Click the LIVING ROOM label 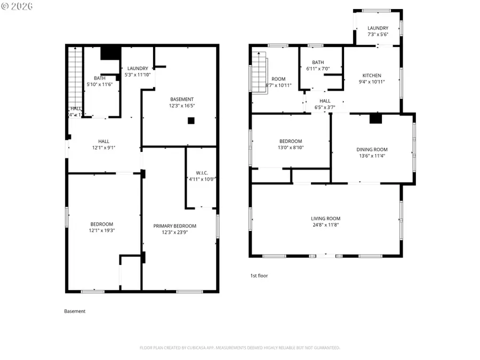tap(325, 218)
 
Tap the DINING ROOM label tap(372, 149)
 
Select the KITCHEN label tap(372, 75)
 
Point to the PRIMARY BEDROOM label tap(174, 226)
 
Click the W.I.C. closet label tap(201, 172)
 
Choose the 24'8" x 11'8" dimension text tap(325, 225)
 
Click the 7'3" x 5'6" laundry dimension tap(378, 35)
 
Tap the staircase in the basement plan tap(75, 77)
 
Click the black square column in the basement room tap(190, 121)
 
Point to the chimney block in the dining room tap(376, 119)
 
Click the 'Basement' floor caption tap(75, 311)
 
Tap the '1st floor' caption tap(259, 276)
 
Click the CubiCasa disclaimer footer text tap(239, 348)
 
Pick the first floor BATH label tap(318, 62)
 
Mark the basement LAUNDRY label tap(137, 68)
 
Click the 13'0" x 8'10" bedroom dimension tap(291, 148)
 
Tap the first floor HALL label tap(325, 100)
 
